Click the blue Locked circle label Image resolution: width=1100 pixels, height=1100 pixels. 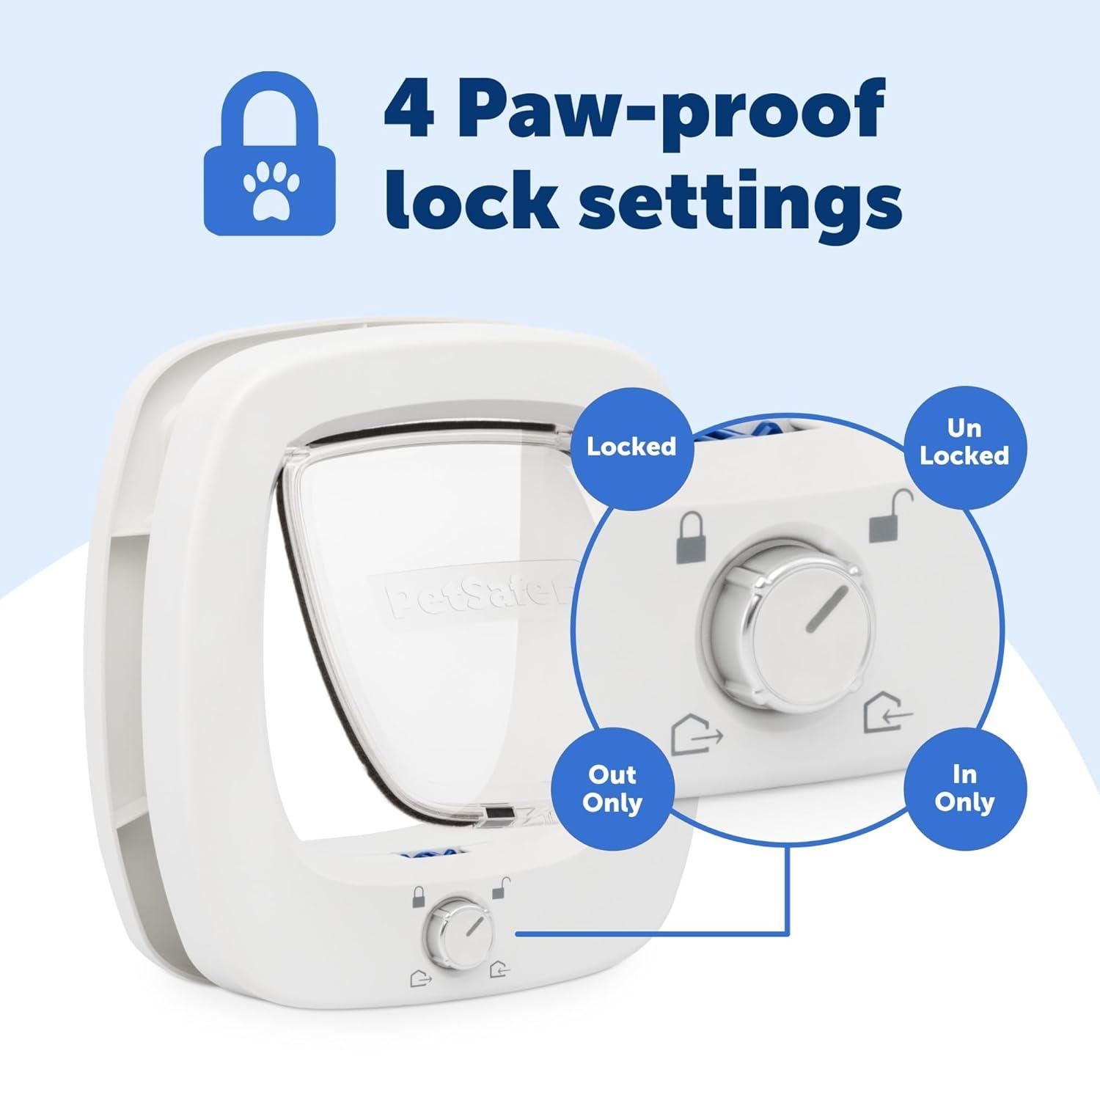click(x=631, y=447)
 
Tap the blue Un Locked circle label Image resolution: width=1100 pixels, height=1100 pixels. click(x=964, y=442)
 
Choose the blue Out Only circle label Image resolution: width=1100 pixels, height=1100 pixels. click(x=612, y=788)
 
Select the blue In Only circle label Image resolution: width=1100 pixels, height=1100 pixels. click(x=964, y=788)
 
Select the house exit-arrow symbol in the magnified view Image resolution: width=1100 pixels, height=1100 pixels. click(x=696, y=736)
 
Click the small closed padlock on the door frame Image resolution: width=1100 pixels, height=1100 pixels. click(x=418, y=896)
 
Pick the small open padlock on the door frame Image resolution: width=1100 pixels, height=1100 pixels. click(x=502, y=888)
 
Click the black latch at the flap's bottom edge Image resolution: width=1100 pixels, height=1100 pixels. click(x=499, y=814)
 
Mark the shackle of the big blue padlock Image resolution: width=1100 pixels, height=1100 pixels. click(x=269, y=110)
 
